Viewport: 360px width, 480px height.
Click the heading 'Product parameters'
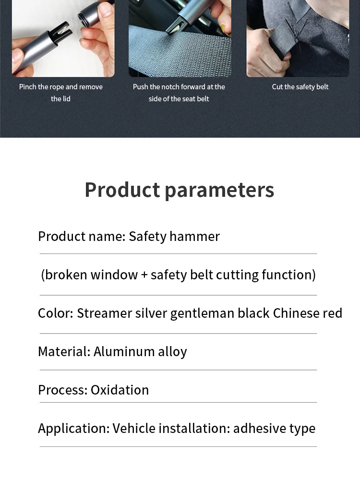click(x=180, y=190)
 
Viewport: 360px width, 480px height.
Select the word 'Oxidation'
click(x=120, y=390)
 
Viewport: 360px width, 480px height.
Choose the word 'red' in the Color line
click(x=333, y=313)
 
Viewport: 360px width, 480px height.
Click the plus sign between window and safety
click(x=144, y=275)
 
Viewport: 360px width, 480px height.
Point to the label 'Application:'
click(x=74, y=429)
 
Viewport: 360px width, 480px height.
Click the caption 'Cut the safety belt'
click(x=300, y=87)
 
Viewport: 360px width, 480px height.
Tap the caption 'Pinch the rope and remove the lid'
click(x=61, y=93)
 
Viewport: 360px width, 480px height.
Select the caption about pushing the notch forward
click(x=179, y=93)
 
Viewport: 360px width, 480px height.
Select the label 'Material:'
click(x=64, y=351)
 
